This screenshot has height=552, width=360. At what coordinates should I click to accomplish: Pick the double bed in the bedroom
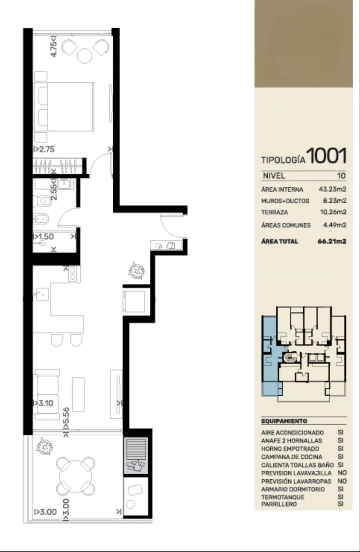[x=64, y=107]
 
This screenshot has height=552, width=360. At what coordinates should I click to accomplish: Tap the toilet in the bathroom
[x=42, y=201]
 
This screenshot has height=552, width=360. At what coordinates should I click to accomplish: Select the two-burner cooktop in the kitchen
[x=73, y=274]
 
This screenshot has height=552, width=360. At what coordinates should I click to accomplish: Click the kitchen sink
[x=42, y=294]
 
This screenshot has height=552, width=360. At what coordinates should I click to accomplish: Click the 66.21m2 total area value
[x=332, y=241]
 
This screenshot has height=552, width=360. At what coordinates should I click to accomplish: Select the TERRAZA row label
[x=275, y=212]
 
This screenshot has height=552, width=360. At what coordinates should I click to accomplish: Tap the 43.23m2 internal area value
[x=333, y=189]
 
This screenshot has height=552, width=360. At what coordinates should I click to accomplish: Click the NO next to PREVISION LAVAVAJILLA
[x=342, y=473]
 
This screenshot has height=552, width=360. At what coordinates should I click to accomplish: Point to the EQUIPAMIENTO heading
[x=284, y=421]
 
